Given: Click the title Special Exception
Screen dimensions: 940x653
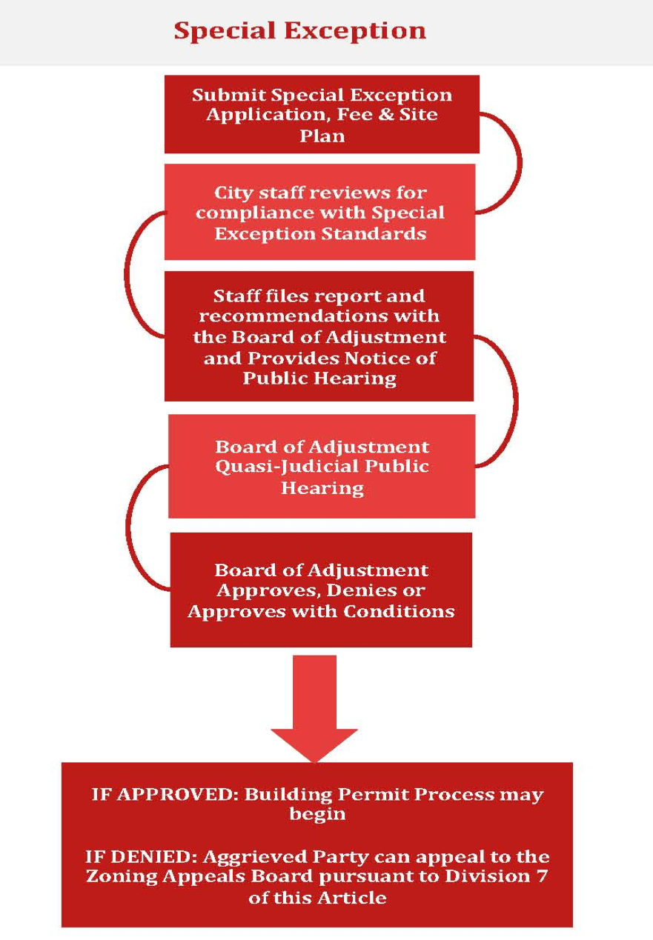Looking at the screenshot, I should coord(299,30).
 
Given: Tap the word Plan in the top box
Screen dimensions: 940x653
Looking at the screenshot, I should coord(322,136).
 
